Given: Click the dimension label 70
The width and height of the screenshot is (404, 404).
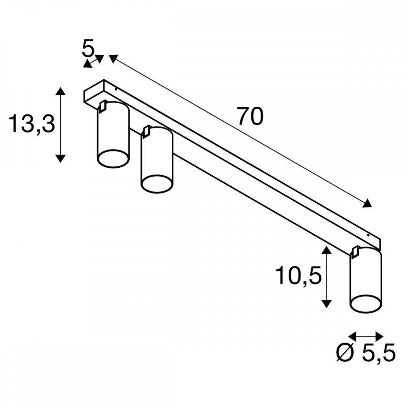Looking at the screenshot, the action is click(x=250, y=116).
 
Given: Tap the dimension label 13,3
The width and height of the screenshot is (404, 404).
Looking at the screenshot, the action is click(x=32, y=124).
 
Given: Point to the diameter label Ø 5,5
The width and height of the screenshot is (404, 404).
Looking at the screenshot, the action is click(x=366, y=353).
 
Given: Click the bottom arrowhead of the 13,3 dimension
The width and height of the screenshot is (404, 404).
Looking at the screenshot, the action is click(x=60, y=158).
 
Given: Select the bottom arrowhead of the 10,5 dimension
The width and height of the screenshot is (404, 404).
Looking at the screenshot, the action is click(x=327, y=303).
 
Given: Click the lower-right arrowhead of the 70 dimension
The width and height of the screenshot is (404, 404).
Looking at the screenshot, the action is click(x=367, y=204).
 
